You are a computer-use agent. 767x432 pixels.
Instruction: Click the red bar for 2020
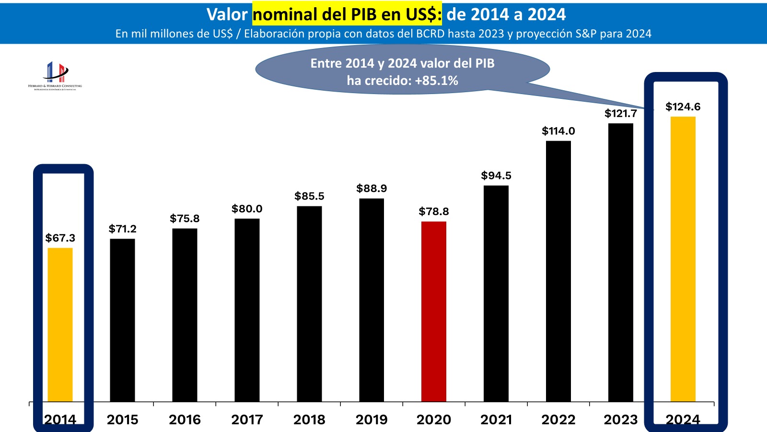pyautogui.click(x=434, y=312)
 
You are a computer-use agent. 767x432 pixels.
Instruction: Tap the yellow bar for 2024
pyautogui.click(x=683, y=259)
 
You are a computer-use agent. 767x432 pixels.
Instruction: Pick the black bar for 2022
pyautogui.click(x=558, y=271)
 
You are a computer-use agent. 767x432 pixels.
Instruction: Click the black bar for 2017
pyautogui.click(x=247, y=310)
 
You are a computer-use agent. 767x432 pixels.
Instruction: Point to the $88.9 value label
pyautogui.click(x=372, y=189)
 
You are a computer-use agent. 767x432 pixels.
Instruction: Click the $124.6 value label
pyautogui.click(x=683, y=107)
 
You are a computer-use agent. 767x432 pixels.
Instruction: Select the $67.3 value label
pyautogui.click(x=60, y=238)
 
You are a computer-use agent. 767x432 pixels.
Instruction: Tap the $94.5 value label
pyautogui.click(x=496, y=176)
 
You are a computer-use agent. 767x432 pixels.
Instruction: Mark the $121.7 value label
pyautogui.click(x=620, y=114)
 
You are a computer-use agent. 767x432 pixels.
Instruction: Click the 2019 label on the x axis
pyautogui.click(x=372, y=420)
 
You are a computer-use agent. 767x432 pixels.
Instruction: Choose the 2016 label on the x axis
pyautogui.click(x=185, y=420)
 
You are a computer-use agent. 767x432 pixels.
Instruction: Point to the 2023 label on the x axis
pyautogui.click(x=620, y=420)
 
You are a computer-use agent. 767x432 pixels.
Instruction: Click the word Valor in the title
pyautogui.click(x=227, y=14)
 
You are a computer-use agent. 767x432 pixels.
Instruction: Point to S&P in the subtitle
pyautogui.click(x=586, y=34)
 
